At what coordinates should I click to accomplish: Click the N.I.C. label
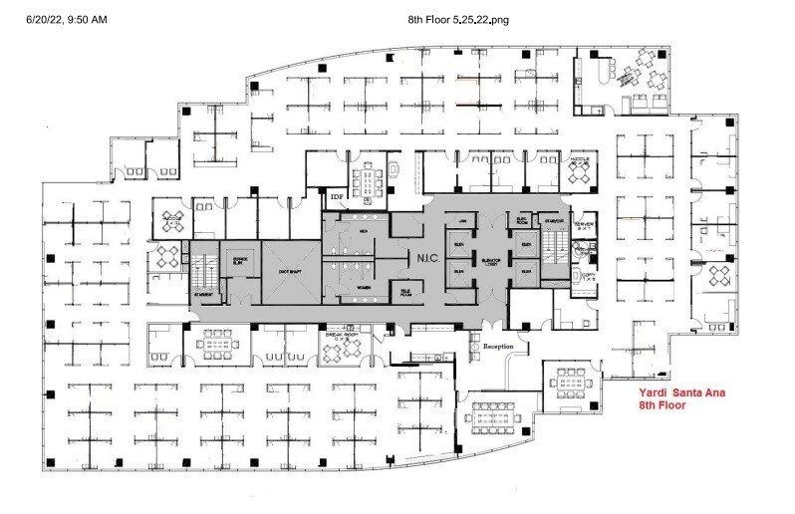tap(423, 256)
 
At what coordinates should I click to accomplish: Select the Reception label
tap(497, 347)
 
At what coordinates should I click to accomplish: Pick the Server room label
tap(585, 226)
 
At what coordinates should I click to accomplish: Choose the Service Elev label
tap(239, 258)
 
